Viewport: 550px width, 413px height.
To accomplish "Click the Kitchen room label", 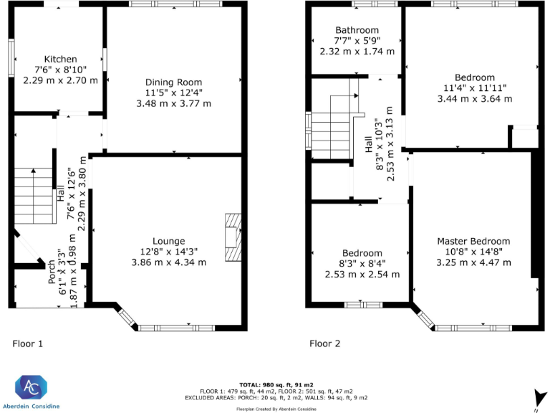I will [60, 59].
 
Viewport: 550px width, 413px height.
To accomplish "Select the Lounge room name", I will [168, 241].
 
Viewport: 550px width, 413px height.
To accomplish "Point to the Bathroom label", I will [357, 30].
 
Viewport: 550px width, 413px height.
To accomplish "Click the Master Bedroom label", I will [473, 241].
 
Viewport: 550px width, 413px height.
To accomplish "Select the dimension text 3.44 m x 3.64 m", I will [474, 99].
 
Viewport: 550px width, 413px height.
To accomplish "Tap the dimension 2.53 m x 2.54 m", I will [362, 274].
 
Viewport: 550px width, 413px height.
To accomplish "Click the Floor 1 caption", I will [28, 343].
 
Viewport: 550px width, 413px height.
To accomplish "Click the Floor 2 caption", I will [325, 343].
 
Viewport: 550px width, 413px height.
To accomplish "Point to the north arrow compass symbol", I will [536, 397].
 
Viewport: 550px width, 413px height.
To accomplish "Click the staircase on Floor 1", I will [34, 188].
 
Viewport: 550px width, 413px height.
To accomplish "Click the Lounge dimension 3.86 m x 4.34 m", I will [168, 262].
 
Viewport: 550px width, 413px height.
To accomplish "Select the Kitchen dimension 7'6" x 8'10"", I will [60, 70].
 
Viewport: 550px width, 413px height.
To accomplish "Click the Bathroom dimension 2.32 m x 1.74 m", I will [357, 52].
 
